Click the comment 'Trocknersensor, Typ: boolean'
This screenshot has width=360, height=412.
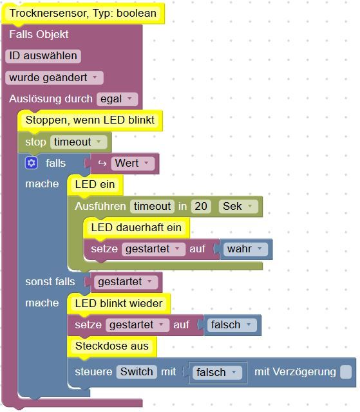pyautogui.click(x=83, y=14)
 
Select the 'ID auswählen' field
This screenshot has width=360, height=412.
pyautogui.click(x=43, y=56)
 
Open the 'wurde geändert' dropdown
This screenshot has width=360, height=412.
pyautogui.click(x=54, y=78)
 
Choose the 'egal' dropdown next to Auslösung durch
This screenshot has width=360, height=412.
pyautogui.click(x=117, y=99)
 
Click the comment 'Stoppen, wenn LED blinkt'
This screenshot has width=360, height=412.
pyautogui.click(x=90, y=120)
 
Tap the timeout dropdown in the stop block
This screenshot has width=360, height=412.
pyautogui.click(x=79, y=142)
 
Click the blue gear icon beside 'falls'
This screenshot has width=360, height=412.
pyautogui.click(x=32, y=163)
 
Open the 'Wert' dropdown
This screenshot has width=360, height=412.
pyautogui.click(x=133, y=163)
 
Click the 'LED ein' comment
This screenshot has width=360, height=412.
pyautogui.click(x=95, y=185)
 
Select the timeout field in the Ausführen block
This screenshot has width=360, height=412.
pyautogui.click(x=152, y=206)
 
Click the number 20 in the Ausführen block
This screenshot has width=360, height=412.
pyautogui.click(x=201, y=206)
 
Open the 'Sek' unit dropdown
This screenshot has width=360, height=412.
pyautogui.click(x=238, y=206)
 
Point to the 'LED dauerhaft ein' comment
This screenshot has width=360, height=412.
pyautogui.click(x=137, y=228)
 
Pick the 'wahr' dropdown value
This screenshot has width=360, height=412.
pyautogui.click(x=245, y=249)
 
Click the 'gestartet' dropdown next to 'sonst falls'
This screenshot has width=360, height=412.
pyautogui.click(x=126, y=282)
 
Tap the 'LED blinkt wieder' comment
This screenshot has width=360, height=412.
pyautogui.click(x=118, y=304)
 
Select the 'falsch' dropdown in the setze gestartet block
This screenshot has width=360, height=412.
pyautogui.click(x=232, y=325)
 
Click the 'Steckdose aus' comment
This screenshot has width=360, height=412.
pyautogui.click(x=112, y=346)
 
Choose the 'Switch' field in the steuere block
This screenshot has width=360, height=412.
pyautogui.click(x=137, y=372)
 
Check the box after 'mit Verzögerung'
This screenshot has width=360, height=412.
pyautogui.click(x=346, y=372)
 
